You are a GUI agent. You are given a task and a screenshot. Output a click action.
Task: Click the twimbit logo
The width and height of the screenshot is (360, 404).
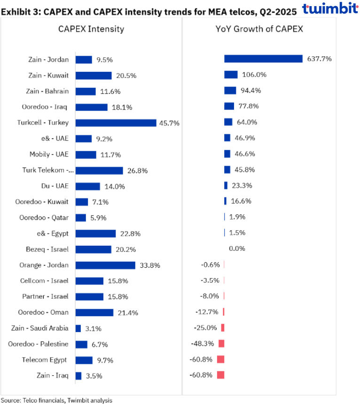click(x=330, y=9)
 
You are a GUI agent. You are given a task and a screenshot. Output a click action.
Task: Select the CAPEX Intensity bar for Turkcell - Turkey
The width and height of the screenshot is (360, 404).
click(x=116, y=123)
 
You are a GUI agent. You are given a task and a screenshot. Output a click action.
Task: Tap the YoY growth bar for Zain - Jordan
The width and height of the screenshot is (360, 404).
click(x=263, y=59)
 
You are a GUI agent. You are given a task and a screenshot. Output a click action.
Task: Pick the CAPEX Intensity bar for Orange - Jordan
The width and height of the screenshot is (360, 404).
click(x=105, y=265)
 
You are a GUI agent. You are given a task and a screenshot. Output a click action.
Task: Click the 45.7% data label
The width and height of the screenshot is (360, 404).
click(x=170, y=123)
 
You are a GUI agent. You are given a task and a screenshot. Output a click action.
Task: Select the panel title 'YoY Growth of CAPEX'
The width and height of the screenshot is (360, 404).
click(x=259, y=29)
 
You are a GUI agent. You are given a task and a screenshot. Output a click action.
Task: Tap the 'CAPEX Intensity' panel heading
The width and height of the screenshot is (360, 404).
click(x=91, y=29)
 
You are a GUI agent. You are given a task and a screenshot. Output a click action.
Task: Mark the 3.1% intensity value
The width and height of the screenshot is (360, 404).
click(x=92, y=328)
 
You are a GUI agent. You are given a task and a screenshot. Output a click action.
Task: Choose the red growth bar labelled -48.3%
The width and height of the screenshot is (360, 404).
click(x=221, y=343)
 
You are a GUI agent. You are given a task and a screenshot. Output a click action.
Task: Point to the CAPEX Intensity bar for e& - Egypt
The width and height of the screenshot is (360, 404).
click(x=95, y=233)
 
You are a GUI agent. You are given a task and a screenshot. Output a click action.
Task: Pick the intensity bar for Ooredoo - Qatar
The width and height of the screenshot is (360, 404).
click(x=81, y=218)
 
